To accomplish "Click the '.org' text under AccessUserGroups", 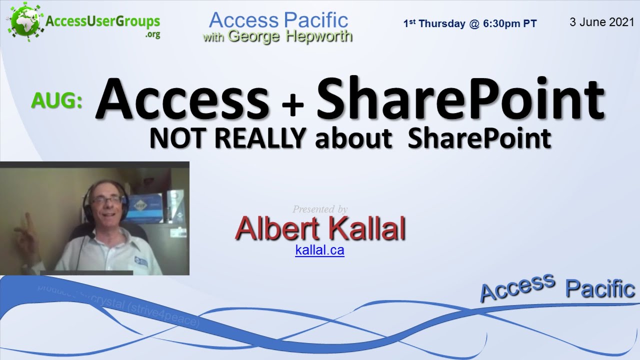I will click(152, 35).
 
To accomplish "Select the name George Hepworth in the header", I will click(290, 36).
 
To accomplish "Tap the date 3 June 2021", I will click(601, 22).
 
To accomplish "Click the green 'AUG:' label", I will click(56, 100).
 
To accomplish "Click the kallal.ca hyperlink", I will click(319, 250).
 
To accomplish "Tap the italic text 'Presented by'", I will click(320, 209).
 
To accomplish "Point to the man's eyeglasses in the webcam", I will click(106, 200).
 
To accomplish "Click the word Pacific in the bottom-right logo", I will click(600, 289).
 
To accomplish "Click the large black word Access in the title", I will click(182, 98).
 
